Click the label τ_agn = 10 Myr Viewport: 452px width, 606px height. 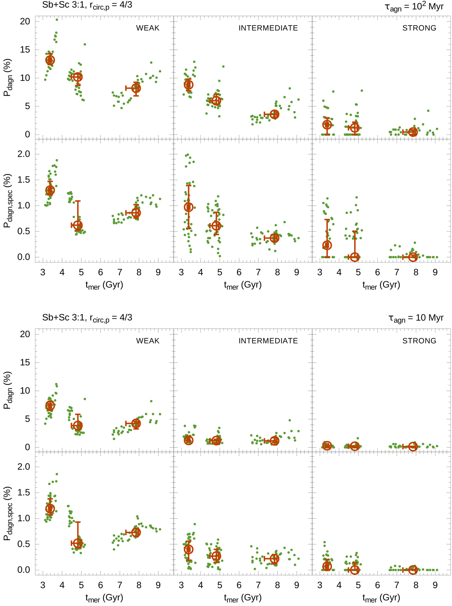point(416,318)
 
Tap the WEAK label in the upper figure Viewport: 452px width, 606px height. point(148,28)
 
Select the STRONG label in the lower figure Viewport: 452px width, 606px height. point(419,340)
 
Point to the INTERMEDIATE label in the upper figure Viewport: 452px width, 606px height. point(268,28)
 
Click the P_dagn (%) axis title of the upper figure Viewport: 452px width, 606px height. point(8,77)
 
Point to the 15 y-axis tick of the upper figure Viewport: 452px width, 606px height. point(25,50)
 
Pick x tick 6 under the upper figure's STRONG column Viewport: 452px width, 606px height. point(377,272)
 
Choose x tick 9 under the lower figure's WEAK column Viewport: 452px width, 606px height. point(158,585)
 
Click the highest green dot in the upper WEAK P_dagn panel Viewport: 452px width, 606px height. point(57,20)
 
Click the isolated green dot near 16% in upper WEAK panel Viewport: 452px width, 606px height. point(85,44)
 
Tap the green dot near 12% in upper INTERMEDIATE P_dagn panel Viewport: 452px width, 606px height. point(223,67)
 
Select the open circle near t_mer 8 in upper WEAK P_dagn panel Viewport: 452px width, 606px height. point(136,88)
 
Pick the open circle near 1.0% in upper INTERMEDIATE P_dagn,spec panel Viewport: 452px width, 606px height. point(188,207)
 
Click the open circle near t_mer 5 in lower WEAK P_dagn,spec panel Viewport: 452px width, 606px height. point(78,543)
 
